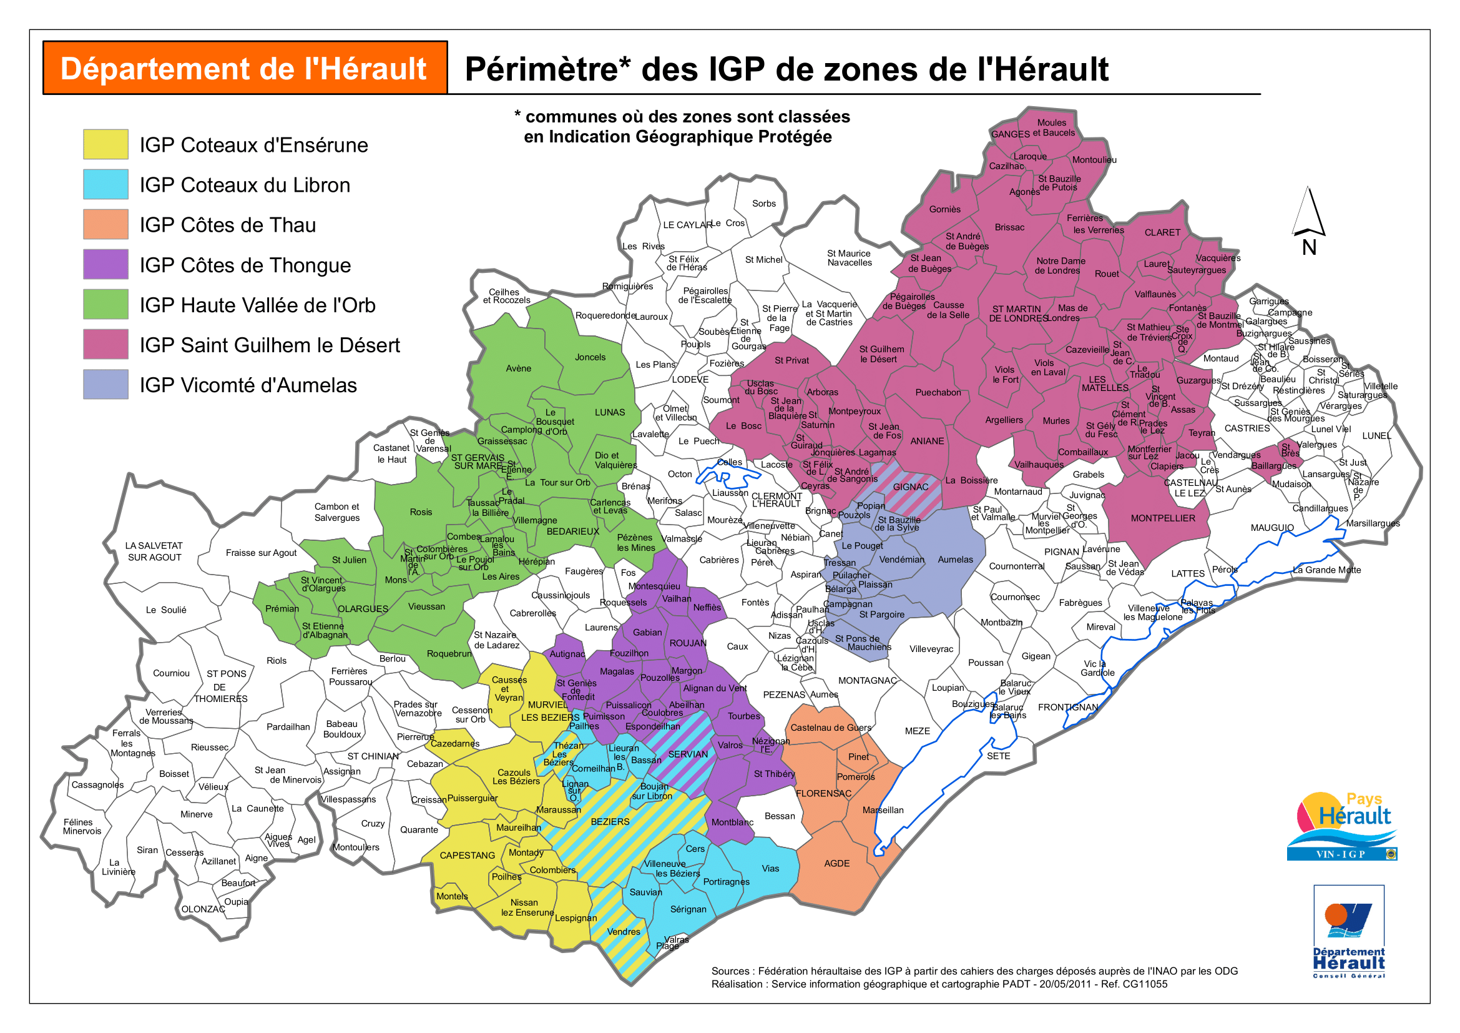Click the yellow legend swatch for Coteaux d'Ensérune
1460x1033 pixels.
click(105, 144)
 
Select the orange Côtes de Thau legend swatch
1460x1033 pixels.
click(105, 225)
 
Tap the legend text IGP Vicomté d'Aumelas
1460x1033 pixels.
click(248, 385)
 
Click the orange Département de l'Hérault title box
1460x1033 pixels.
click(245, 69)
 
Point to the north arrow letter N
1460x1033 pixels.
click(1309, 247)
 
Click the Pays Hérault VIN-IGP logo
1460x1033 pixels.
click(1342, 826)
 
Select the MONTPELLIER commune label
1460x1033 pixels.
click(1162, 518)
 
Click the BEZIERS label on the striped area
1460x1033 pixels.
click(610, 822)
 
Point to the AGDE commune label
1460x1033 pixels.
click(836, 864)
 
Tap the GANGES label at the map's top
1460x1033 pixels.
click(1010, 134)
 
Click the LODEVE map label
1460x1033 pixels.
click(690, 380)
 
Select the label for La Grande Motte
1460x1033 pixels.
click(1326, 570)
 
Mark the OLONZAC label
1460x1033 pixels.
click(203, 909)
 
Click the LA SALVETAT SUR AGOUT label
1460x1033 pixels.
click(154, 551)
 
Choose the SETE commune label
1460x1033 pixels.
click(998, 756)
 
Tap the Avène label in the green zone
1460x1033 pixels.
click(518, 368)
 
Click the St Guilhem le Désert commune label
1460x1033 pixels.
click(881, 354)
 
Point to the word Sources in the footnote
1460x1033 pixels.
click(730, 971)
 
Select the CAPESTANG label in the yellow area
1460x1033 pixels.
click(467, 856)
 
